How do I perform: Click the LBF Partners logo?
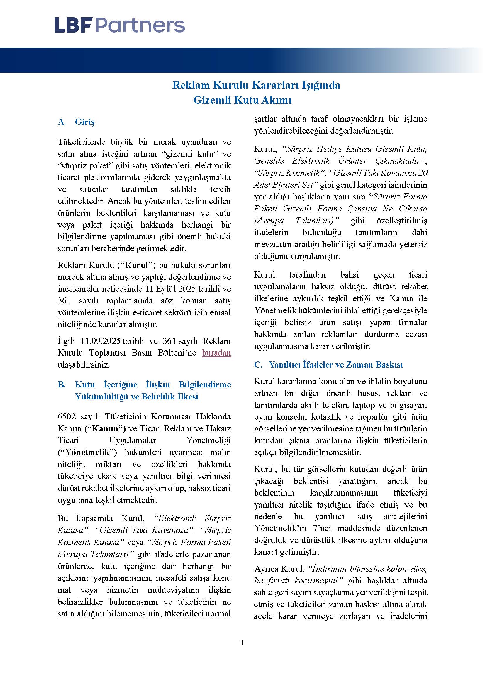point(119,25)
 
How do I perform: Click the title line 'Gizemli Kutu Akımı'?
point(242,100)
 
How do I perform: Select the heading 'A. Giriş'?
point(77,122)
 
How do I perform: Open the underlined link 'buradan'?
point(216,353)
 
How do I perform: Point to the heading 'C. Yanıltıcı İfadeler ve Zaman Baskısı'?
point(328,365)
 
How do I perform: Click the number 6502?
point(65,416)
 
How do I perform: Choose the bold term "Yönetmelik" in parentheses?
point(87,452)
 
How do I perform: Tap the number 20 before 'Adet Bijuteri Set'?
point(423,173)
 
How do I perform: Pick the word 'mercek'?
point(68,277)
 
